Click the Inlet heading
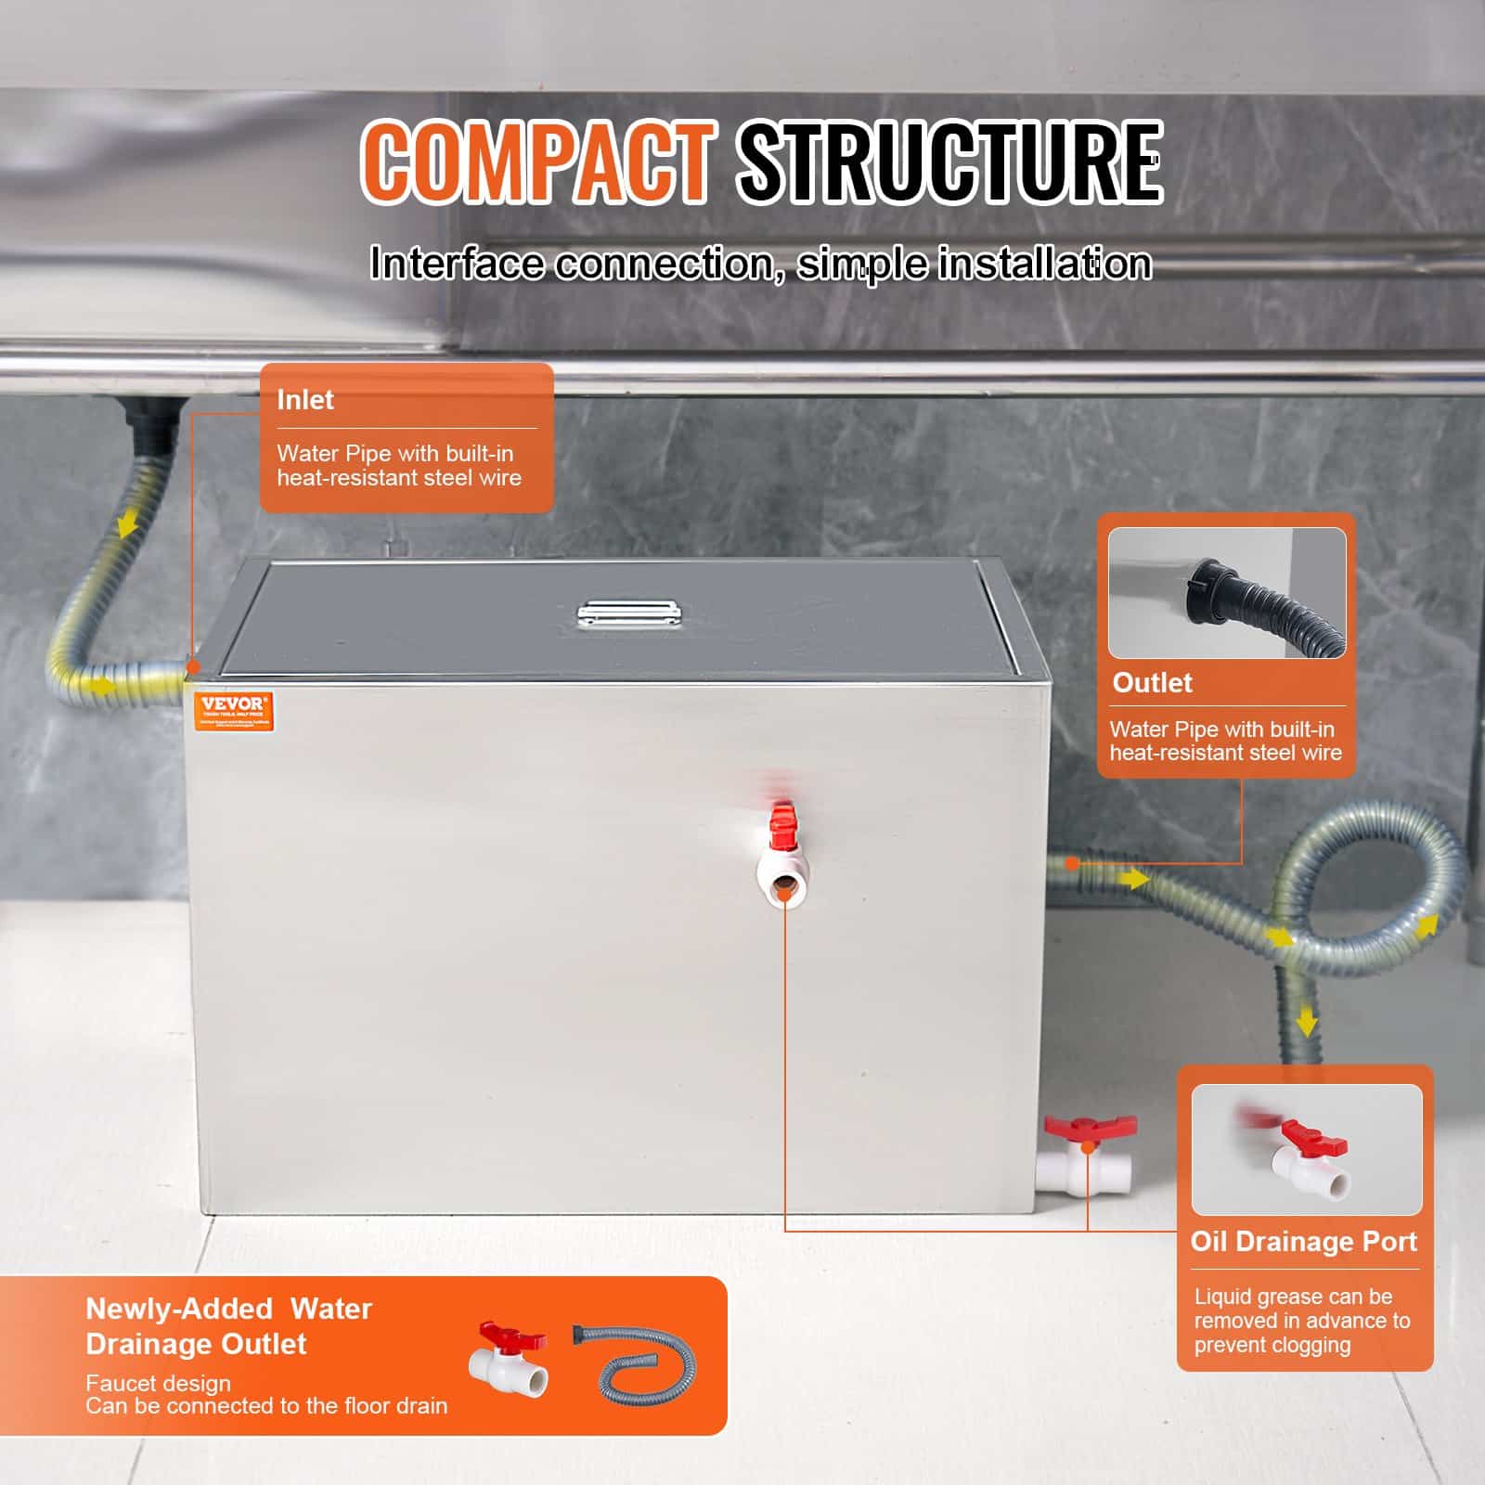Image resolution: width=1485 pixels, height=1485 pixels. coord(304,400)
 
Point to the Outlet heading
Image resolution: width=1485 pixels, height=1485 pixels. coord(1152,683)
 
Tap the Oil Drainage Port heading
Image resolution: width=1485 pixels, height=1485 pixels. coord(1303,1242)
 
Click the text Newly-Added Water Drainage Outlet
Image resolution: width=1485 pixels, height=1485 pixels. coord(227,1326)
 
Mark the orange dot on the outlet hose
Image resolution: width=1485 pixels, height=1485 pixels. coord(1072,863)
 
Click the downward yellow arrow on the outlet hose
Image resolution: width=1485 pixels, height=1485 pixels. coord(1307,1021)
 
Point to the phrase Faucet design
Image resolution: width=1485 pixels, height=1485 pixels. coord(158,1383)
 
